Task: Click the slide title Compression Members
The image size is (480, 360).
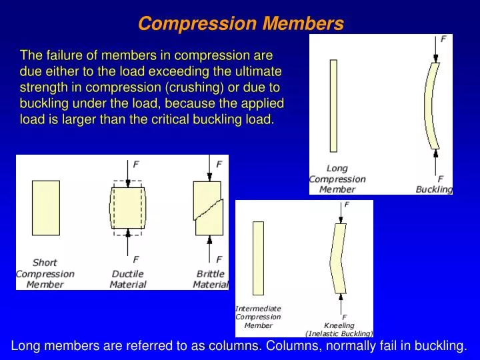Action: [241, 24]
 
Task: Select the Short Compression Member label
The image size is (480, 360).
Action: [45, 273]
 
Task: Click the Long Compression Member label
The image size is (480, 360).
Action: [337, 179]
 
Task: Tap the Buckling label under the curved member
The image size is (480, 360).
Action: [434, 189]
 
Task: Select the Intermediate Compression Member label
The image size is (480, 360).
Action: [258, 317]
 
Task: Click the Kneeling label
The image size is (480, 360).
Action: [339, 325]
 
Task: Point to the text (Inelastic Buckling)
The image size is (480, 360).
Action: [339, 333]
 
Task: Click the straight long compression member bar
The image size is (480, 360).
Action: [333, 105]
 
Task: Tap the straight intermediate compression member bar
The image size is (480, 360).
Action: [258, 258]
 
